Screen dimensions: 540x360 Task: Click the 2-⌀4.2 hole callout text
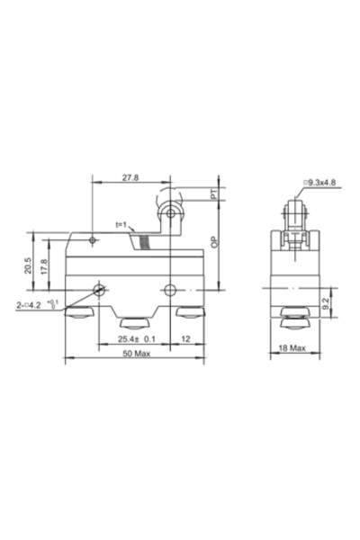(39, 306)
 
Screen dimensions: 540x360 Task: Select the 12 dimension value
(185, 339)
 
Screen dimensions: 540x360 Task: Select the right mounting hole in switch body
(171, 290)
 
